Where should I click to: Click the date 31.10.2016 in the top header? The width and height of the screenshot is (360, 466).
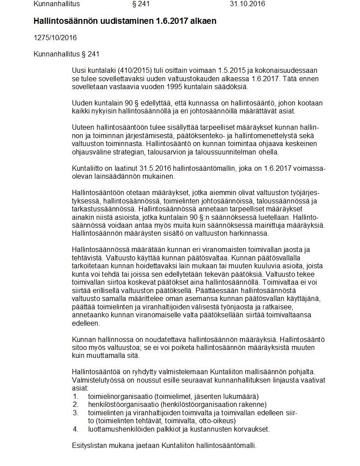click(247, 4)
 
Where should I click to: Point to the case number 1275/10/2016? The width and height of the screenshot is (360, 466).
click(55, 38)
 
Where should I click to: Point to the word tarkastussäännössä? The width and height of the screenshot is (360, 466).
click(101, 209)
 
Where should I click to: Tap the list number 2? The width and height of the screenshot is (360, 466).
click(75, 404)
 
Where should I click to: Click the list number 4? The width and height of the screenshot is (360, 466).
click(75, 429)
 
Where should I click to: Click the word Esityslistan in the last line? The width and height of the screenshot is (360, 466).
click(89, 445)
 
